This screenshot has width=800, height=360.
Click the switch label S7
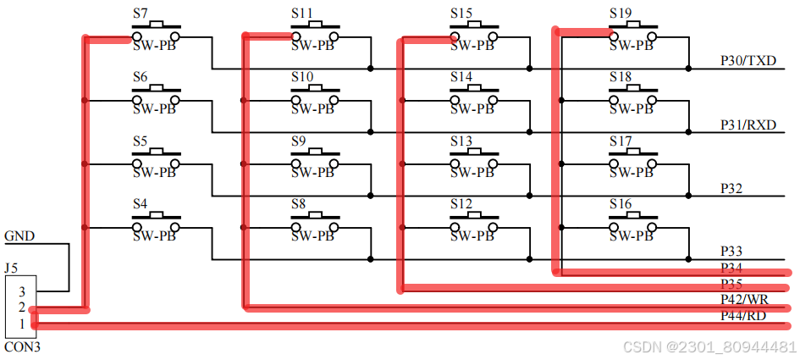[141, 14]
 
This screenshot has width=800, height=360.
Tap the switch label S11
[302, 14]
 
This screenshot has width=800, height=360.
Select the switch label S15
[461, 14]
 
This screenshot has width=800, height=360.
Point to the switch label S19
[621, 14]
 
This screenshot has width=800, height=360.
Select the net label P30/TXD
[748, 60]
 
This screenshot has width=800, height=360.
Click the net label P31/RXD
[749, 125]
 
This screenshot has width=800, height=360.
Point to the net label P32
[731, 188]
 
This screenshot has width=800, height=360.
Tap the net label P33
[731, 252]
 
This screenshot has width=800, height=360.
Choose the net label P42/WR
[744, 300]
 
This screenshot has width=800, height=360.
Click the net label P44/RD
[743, 316]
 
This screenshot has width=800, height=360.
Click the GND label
[19, 236]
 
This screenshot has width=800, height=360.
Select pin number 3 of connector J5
[22, 291]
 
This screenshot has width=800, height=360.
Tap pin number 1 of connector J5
[22, 324]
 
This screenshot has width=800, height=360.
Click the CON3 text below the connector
[23, 346]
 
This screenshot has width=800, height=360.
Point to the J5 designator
[11, 268]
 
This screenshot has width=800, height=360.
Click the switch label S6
[141, 77]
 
